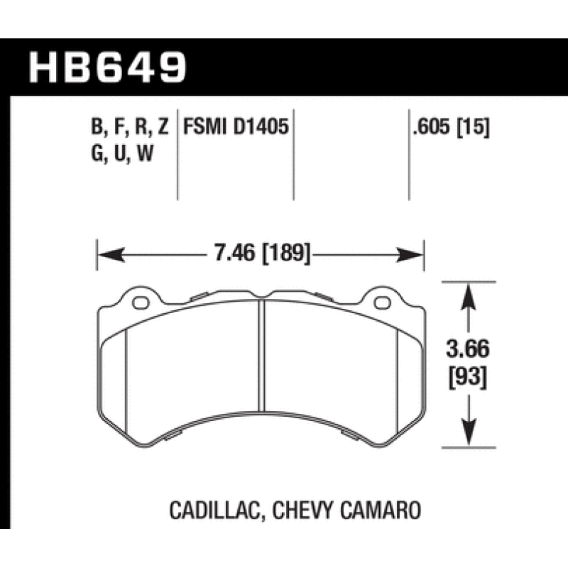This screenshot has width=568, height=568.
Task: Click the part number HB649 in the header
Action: pyautogui.click(x=106, y=67)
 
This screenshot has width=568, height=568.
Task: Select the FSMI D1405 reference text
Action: pyautogui.click(x=235, y=127)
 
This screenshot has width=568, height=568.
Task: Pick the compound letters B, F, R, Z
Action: pyautogui.click(x=129, y=128)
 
